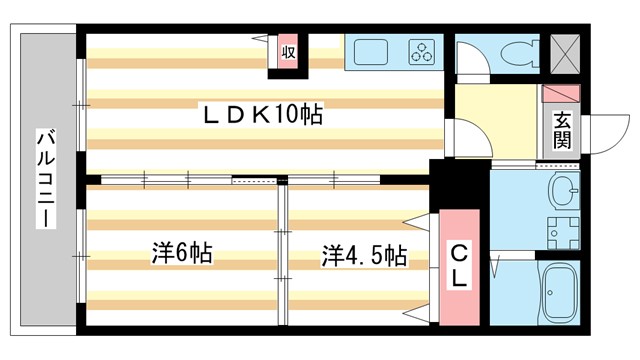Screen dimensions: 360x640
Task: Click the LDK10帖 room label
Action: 263,116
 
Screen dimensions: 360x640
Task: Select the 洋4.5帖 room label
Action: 364,256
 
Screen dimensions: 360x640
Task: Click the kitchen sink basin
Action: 372,52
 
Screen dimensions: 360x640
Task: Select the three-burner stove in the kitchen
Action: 422,52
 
